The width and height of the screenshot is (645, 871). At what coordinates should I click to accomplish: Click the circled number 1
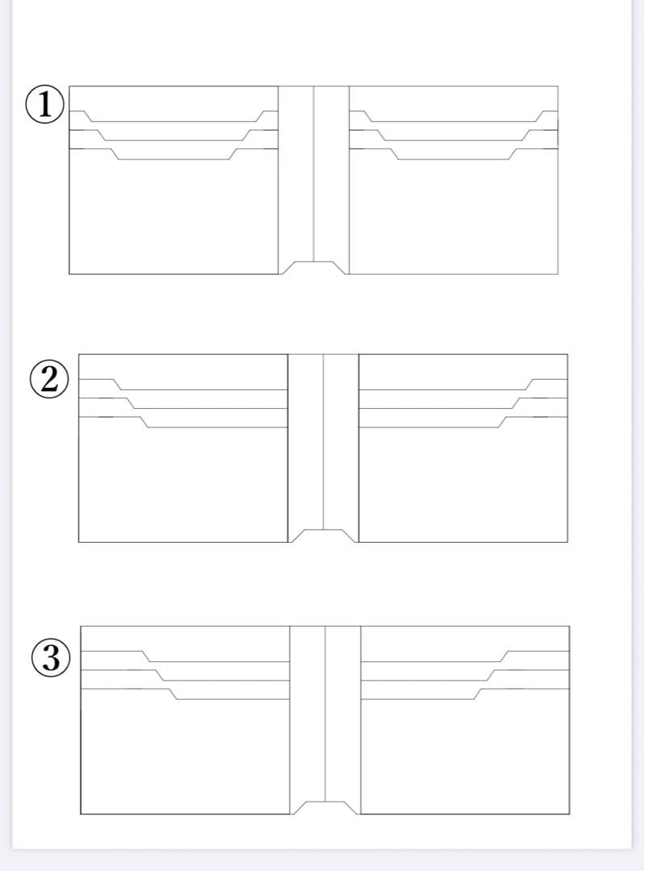[x=45, y=104]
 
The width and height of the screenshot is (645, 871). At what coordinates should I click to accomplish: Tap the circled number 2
[x=49, y=381]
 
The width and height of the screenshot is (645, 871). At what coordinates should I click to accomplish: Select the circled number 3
[x=51, y=657]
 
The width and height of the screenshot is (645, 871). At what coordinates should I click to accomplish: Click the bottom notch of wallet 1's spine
[x=314, y=267]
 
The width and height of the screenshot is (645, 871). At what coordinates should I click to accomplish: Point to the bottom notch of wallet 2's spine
[x=323, y=536]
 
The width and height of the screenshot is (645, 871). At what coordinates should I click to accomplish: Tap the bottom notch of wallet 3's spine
[x=326, y=807]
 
